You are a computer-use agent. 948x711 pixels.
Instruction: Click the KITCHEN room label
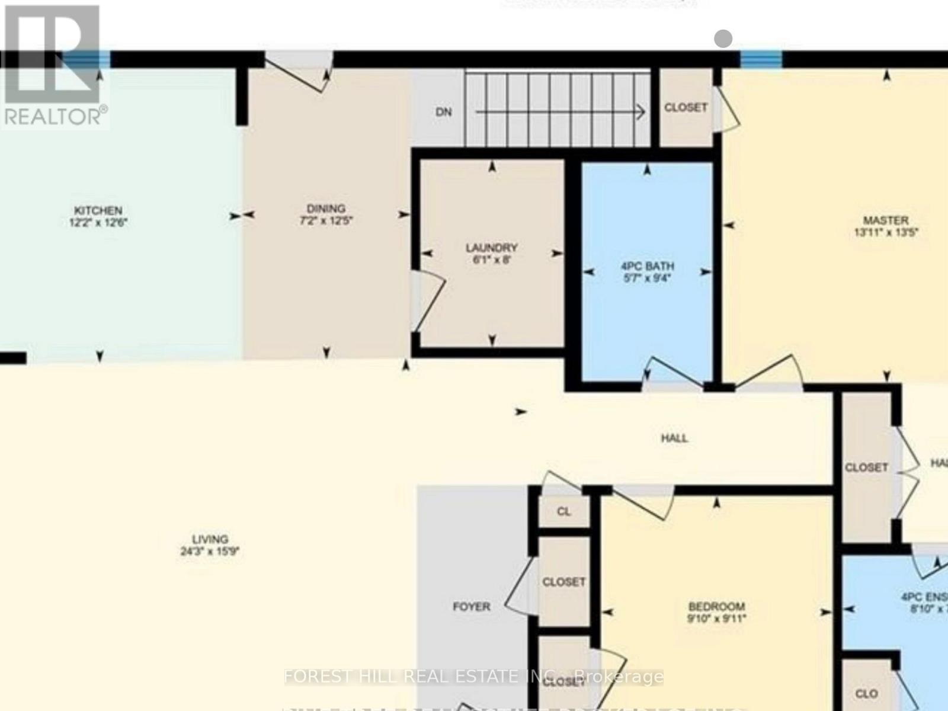(98, 210)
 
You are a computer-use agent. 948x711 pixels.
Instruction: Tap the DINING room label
(326, 209)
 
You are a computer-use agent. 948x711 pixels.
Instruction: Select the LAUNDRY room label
(491, 248)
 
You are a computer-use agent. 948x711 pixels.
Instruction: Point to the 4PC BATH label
(647, 267)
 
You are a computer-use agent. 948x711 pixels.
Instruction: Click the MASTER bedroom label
(886, 220)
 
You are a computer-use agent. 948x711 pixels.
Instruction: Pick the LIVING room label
(210, 539)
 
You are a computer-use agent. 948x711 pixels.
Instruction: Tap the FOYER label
(471, 607)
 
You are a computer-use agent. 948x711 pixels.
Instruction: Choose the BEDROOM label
(716, 607)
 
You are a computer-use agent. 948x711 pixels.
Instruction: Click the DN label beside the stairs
(444, 111)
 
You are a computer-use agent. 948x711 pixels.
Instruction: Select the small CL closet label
(563, 511)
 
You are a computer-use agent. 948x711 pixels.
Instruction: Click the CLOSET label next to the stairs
(686, 107)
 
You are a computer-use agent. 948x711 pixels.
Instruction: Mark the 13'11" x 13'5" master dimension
(886, 233)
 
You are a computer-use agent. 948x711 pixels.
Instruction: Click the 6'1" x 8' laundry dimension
(491, 260)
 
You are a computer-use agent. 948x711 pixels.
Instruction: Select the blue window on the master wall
(761, 59)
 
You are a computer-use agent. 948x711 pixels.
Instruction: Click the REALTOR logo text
(55, 116)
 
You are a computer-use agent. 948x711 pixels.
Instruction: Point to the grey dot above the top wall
(723, 39)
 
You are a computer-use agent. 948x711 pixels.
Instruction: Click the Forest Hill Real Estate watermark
(474, 677)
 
